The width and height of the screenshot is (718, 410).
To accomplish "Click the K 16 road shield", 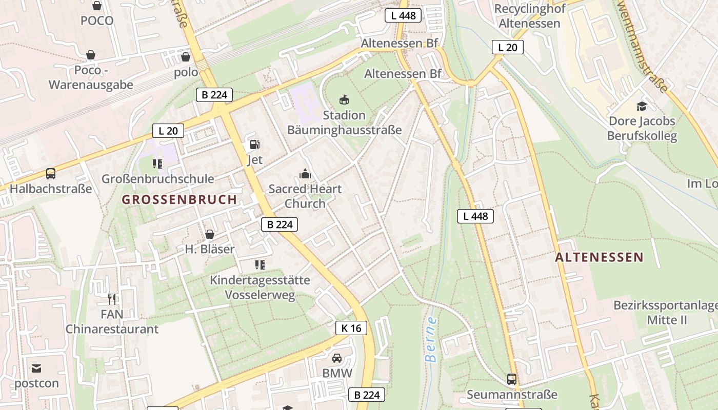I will (351, 328).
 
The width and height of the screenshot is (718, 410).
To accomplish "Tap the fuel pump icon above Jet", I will (254, 145).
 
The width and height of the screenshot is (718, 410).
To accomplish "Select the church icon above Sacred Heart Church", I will (305, 174).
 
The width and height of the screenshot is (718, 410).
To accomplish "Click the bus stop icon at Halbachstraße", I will (51, 174).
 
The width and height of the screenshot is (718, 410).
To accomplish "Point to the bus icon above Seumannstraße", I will (511, 379).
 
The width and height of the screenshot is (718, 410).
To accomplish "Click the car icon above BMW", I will (337, 358).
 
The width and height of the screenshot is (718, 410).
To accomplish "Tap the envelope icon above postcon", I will (36, 368).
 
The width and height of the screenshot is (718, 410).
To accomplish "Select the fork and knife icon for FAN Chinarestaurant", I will (112, 299).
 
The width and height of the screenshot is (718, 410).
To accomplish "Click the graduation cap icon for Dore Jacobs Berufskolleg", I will (642, 107).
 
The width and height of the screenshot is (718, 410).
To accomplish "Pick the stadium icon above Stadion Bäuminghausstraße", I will (344, 99).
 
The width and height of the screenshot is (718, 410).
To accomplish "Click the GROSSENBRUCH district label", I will (180, 200).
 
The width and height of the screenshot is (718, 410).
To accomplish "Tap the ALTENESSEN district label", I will (599, 257).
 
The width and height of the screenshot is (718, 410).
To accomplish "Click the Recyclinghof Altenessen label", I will (529, 16).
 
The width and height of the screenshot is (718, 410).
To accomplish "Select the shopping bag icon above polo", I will (186, 57).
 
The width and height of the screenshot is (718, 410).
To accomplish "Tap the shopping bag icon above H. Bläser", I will (209, 235).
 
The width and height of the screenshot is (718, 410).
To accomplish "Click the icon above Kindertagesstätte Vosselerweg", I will (260, 265).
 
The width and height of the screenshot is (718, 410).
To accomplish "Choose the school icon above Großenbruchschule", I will (157, 164).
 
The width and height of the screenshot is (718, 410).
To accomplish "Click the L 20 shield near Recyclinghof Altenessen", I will (507, 47).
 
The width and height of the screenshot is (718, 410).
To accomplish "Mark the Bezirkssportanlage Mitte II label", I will (666, 313).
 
